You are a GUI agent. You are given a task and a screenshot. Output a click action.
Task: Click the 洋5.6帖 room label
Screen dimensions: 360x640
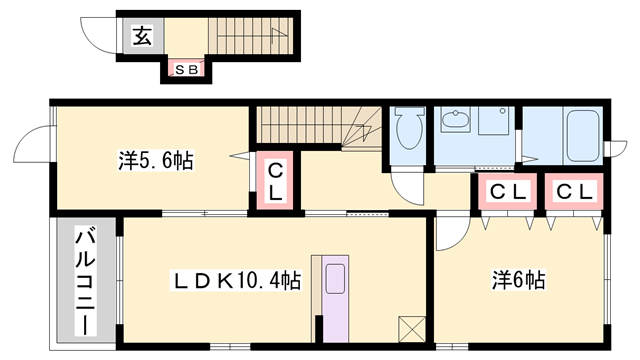[157, 159]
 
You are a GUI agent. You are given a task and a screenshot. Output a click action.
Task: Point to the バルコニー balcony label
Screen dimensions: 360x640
[86, 281]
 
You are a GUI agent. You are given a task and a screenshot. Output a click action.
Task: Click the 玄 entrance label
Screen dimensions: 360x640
[142, 37]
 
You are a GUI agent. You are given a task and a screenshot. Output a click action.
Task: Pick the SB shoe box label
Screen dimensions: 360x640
[186, 69]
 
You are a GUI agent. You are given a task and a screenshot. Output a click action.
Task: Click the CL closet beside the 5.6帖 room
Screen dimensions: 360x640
[273, 181]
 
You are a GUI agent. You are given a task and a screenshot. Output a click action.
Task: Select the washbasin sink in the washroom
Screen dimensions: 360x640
[456, 123]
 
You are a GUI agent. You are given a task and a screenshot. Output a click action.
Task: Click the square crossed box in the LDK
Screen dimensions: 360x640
[411, 329]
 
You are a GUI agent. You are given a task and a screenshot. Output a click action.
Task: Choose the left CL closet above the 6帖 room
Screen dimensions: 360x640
[503, 190]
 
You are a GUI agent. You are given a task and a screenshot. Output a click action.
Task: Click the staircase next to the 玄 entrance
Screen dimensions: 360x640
[249, 37]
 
